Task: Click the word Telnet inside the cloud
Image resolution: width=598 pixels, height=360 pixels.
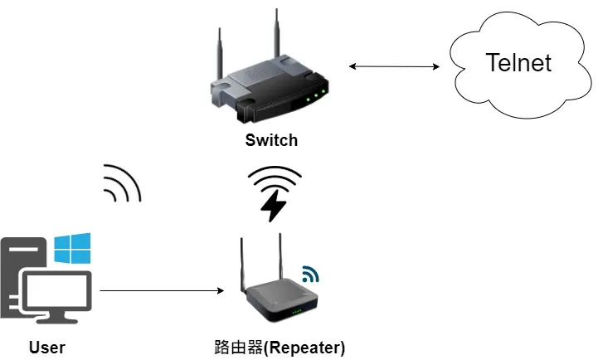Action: pos(518,62)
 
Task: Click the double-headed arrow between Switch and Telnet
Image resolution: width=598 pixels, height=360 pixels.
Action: pos(393,66)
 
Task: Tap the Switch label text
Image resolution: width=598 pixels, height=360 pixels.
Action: pos(271,140)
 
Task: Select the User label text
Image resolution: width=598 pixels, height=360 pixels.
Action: pos(46,347)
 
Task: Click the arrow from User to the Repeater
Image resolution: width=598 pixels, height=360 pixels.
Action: pos(163,290)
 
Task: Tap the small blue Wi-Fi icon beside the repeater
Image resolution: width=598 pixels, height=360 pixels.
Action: pos(310,273)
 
